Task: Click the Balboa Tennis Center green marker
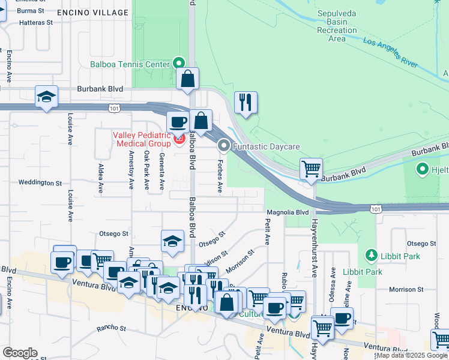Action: (x=179, y=63)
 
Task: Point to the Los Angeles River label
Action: (x=390, y=52)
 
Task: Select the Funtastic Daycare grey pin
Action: (x=224, y=146)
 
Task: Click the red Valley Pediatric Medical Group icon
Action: (x=178, y=140)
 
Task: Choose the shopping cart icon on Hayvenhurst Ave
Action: (x=311, y=169)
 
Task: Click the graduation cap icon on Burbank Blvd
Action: (x=46, y=98)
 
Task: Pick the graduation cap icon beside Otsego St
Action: (x=172, y=241)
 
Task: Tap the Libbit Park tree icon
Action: (x=372, y=256)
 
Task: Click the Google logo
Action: (x=20, y=353)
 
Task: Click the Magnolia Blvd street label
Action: (x=288, y=212)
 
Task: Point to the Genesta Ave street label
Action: (x=161, y=171)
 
